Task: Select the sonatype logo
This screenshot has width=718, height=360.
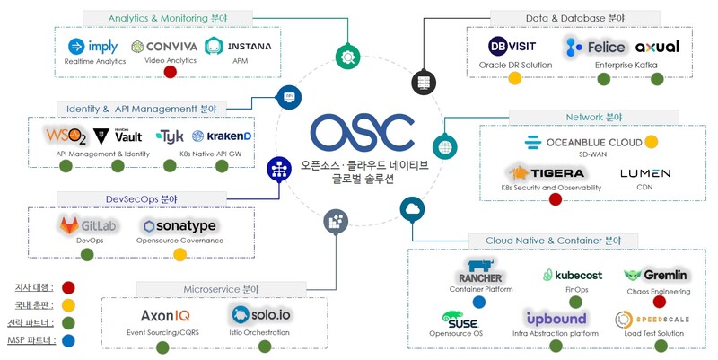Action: pos(180,225)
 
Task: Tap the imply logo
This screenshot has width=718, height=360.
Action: pos(93,47)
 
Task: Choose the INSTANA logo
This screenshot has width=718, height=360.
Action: pos(238,46)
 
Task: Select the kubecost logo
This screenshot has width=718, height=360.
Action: pos(572,275)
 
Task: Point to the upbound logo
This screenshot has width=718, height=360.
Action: pos(556,318)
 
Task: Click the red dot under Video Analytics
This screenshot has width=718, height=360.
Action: pos(170,72)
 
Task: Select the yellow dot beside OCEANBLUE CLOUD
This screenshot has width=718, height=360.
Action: pos(652,142)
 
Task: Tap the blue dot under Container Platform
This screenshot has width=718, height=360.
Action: pos(479,302)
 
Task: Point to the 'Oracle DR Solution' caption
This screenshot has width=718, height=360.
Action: pos(514,65)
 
